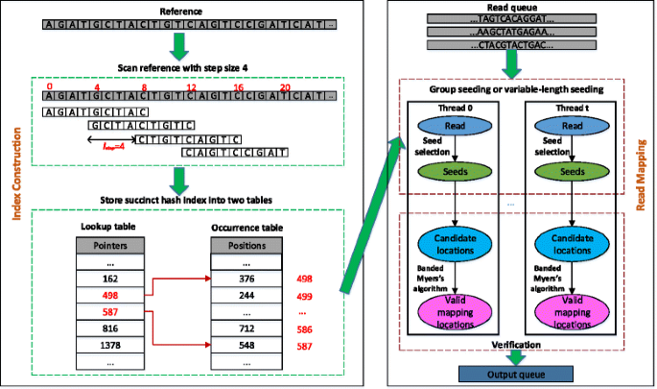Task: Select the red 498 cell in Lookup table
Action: point(107,296)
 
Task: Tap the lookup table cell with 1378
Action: point(107,345)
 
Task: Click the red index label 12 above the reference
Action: point(191,85)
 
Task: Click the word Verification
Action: point(517,343)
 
